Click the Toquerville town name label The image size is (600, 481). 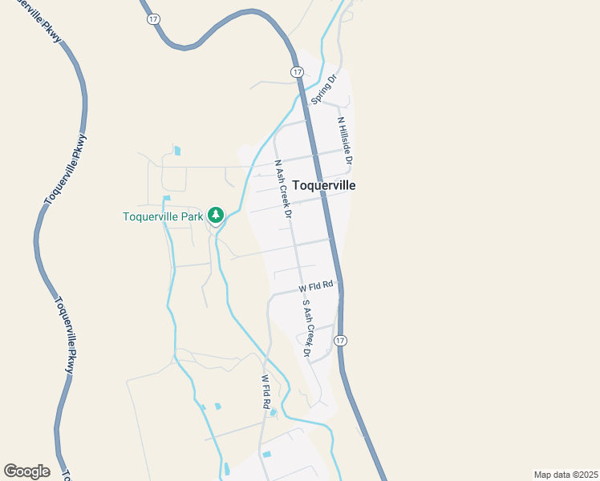(323, 185)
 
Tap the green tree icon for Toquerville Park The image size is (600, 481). (215, 215)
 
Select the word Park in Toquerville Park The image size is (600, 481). (189, 216)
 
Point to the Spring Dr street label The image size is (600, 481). (322, 89)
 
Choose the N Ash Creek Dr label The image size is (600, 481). (282, 189)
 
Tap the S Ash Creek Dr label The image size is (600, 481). (306, 327)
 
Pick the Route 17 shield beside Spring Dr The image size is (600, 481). (297, 72)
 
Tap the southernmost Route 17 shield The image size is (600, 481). (341, 340)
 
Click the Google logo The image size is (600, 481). (26, 471)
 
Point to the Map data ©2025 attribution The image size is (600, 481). (566, 475)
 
